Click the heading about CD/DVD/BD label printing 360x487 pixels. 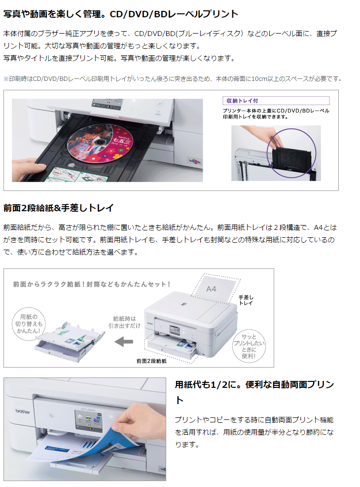pyautogui.click(x=121, y=14)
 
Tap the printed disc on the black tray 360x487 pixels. pyautogui.click(x=100, y=143)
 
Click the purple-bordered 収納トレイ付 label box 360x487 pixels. pyautogui.click(x=276, y=101)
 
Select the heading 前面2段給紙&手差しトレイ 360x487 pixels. pyautogui.click(x=58, y=208)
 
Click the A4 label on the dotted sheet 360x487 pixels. pyautogui.click(x=211, y=289)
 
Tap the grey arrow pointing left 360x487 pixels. pyautogui.click(x=124, y=342)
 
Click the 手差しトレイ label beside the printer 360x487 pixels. pyautogui.click(x=246, y=300)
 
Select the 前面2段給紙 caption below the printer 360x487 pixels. pyautogui.click(x=151, y=361)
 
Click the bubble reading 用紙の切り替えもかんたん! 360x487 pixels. pyautogui.click(x=29, y=324)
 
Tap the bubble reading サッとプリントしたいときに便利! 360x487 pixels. pyautogui.click(x=249, y=346)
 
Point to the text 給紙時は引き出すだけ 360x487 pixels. pyautogui.click(x=124, y=322)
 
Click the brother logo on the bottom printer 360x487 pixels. pyautogui.click(x=23, y=411)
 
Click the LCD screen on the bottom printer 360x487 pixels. pyautogui.click(x=88, y=420)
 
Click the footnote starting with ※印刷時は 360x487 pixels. pyautogui.click(x=173, y=79)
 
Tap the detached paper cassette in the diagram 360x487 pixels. pyautogui.click(x=70, y=341)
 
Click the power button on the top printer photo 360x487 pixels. pyautogui.click(x=160, y=104)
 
